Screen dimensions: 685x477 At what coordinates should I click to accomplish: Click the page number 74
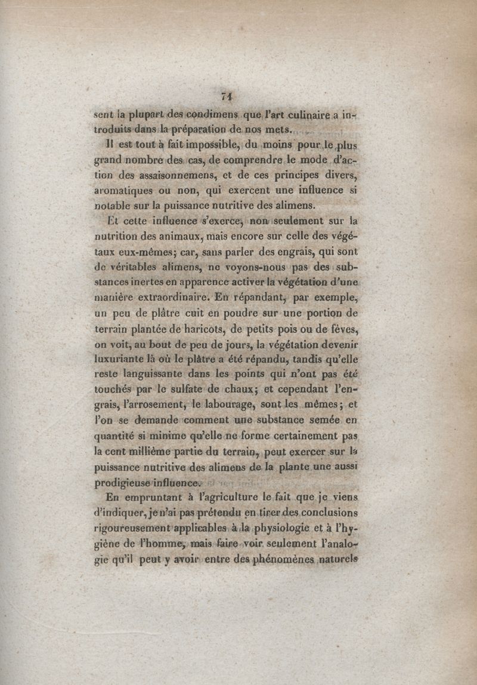point(226,96)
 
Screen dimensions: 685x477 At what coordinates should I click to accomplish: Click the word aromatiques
point(124,191)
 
